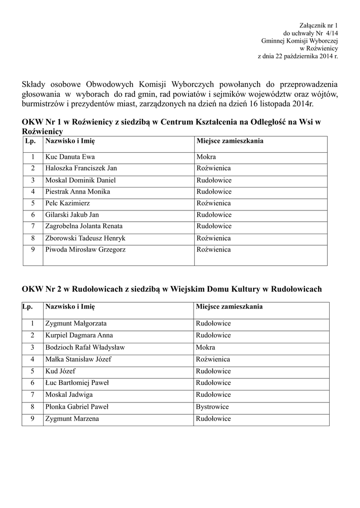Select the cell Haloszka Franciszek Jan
pyautogui.click(x=81, y=168)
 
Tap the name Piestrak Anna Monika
pyautogui.click(x=77, y=191)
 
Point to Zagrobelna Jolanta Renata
pyautogui.click(x=84, y=226)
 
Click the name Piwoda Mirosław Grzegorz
pyautogui.click(x=85, y=250)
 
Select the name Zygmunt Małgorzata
pyautogui.click(x=76, y=323)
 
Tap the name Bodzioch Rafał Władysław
pyautogui.click(x=85, y=347)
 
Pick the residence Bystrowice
pyautogui.click(x=212, y=407)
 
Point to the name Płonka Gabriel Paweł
pyautogui.click(x=77, y=407)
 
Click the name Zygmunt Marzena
pyautogui.click(x=72, y=419)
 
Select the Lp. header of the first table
pyautogui.click(x=29, y=141)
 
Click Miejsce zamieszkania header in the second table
pyautogui.click(x=229, y=307)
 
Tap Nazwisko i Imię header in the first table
pyautogui.click(x=70, y=141)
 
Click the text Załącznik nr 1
pyautogui.click(x=318, y=25)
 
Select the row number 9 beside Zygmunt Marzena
pyautogui.click(x=32, y=419)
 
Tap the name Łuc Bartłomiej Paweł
pyautogui.click(x=77, y=383)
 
